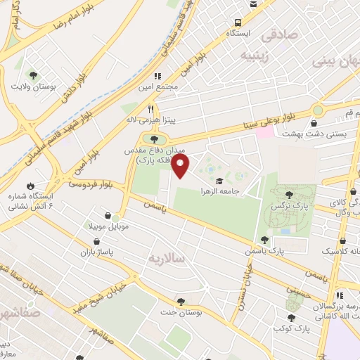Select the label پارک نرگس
coord(292,206)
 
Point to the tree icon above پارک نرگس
coord(289,193)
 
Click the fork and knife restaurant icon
coord(150,110)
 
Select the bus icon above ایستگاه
coord(238,22)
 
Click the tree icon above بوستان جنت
coord(182,302)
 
